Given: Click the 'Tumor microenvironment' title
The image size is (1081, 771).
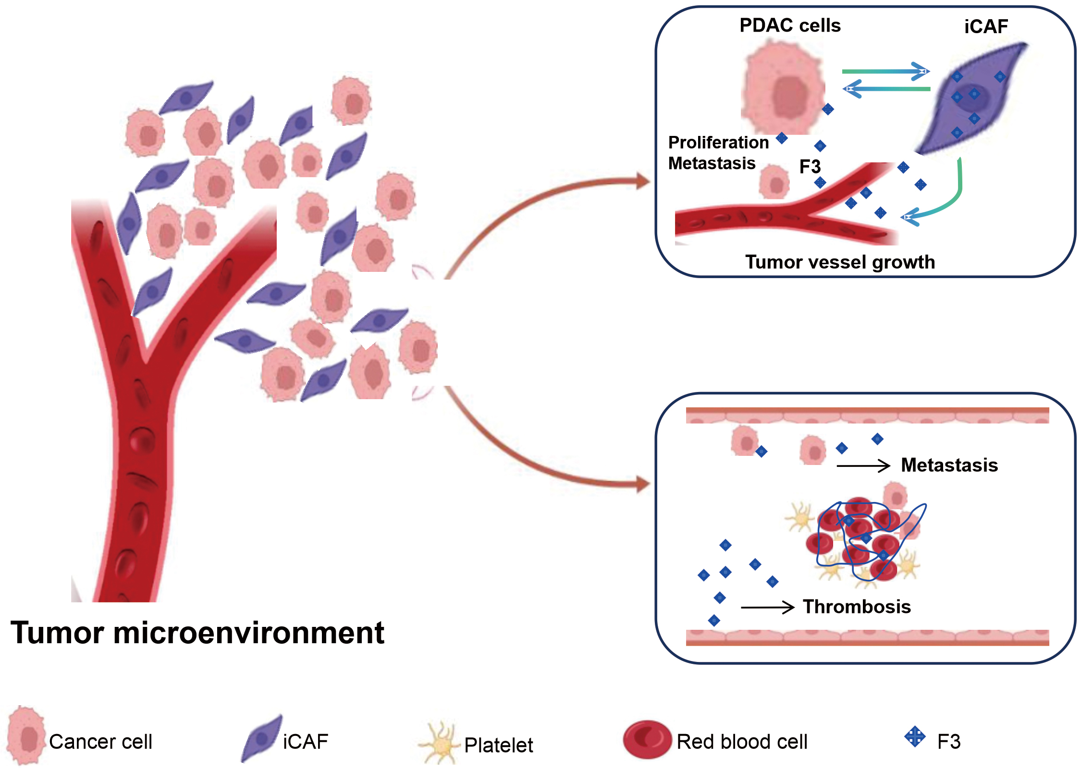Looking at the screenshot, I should pyautogui.click(x=197, y=633).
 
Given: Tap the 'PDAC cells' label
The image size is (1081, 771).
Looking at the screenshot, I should pyautogui.click(x=790, y=25).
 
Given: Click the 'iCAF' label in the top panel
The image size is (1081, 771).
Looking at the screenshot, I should pyautogui.click(x=986, y=26).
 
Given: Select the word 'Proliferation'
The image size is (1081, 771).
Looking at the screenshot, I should pyautogui.click(x=718, y=143).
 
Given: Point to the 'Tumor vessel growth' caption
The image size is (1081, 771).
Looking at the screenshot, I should pyautogui.click(x=840, y=262).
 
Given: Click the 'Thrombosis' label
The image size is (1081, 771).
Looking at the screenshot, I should pyautogui.click(x=857, y=607).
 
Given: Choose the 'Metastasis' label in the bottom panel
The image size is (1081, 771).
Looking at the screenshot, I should pyautogui.click(x=949, y=465).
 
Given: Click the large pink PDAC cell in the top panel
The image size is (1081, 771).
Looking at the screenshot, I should pyautogui.click(x=783, y=89).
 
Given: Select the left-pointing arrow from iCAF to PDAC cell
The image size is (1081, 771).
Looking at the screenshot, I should pyautogui.click(x=886, y=89).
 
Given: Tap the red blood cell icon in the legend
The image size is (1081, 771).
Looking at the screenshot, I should pyautogui.click(x=647, y=739).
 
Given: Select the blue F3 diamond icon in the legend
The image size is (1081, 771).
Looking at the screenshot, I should pyautogui.click(x=915, y=736).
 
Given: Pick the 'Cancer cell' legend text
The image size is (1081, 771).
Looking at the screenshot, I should pyautogui.click(x=100, y=742).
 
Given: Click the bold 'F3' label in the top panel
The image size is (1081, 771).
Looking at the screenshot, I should pyautogui.click(x=810, y=167).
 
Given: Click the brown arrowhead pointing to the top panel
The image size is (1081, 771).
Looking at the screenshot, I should pyautogui.click(x=642, y=182).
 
